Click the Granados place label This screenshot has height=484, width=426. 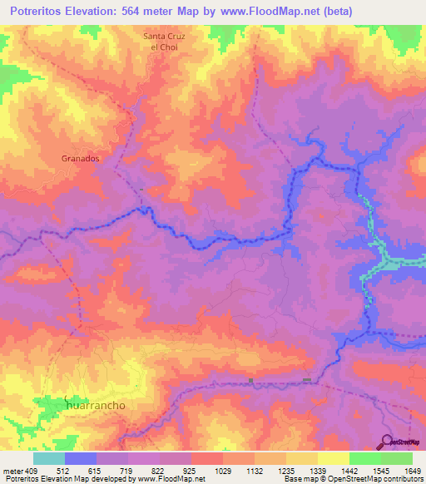pyautogui.click(x=81, y=157)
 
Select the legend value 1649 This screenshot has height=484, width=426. pyautogui.click(x=412, y=472)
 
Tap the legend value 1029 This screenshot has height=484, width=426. pyautogui.click(x=222, y=472)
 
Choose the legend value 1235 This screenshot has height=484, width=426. pyautogui.click(x=285, y=472)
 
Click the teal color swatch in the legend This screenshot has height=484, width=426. pyautogui.click(x=49, y=458)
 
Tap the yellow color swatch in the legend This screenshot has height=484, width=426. pyautogui.click(x=333, y=458)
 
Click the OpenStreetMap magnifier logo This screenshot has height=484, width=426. pyautogui.click(x=389, y=442)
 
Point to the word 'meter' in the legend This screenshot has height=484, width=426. pyautogui.click(x=12, y=472)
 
